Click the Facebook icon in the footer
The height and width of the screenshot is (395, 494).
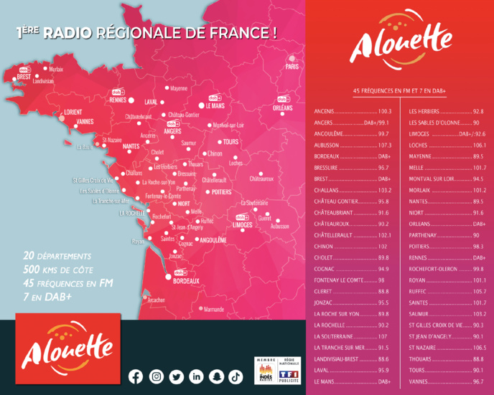pos(136,376)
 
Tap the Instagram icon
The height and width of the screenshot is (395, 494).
pos(156,376)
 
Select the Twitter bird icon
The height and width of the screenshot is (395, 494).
pos(176,376)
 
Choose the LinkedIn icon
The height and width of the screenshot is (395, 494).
pos(196,376)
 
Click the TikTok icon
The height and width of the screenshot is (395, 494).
pos(236,376)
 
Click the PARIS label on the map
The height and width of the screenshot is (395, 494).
pos(292,67)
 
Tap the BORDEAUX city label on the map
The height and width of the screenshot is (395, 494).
pos(187,282)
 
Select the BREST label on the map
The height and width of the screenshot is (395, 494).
pos(24,76)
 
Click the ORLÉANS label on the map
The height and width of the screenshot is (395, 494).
pos(283,108)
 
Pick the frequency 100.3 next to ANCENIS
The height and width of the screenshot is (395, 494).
pos(384,112)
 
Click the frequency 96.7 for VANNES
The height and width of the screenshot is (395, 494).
pos(478,382)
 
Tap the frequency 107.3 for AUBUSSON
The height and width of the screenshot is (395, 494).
pos(384,145)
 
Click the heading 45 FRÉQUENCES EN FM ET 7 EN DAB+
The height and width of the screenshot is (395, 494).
pos(400,92)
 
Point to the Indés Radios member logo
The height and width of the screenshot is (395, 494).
pos(265,369)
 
